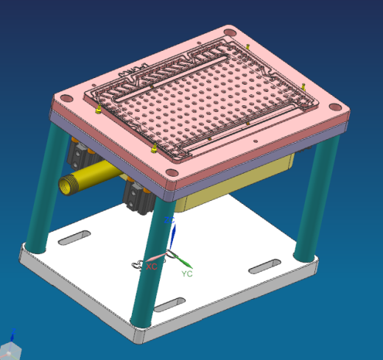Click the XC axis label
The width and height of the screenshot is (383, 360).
point(152,267)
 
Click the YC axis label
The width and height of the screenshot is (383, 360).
point(187,274)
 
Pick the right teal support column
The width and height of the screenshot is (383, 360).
point(314,199)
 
